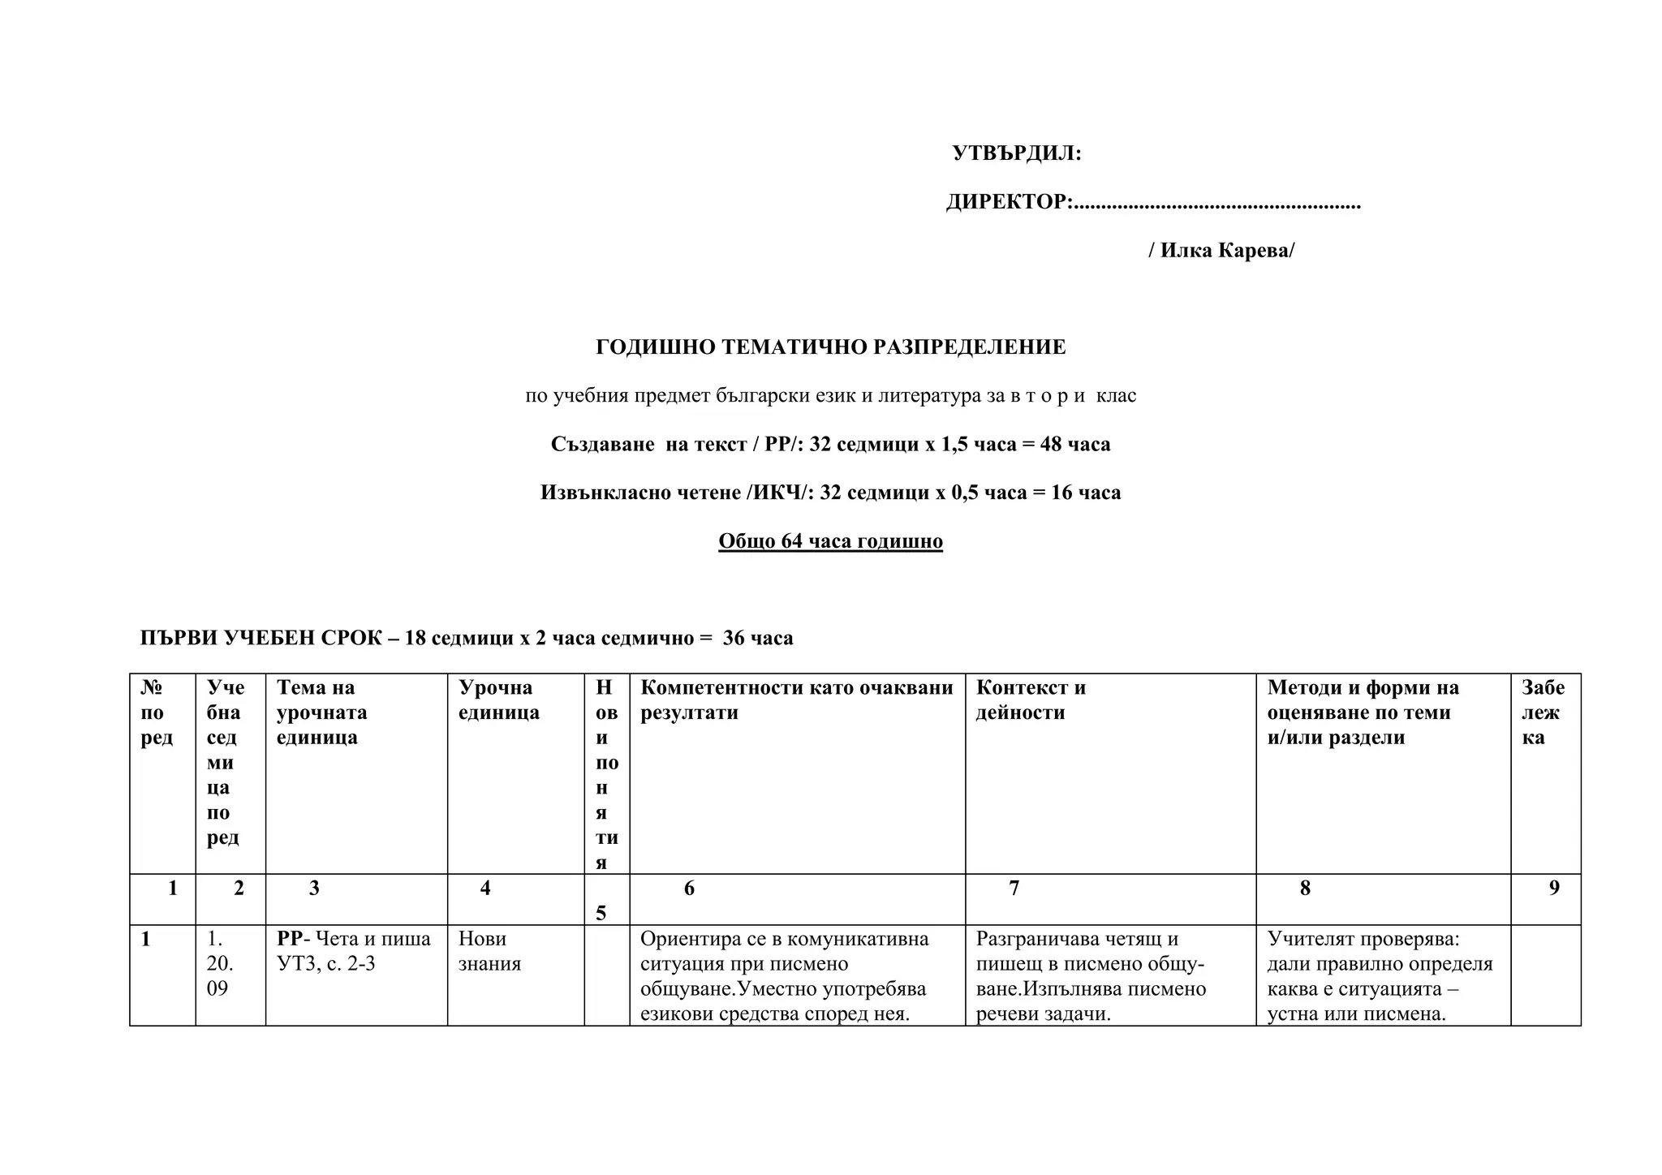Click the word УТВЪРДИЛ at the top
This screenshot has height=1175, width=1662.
coord(1016,153)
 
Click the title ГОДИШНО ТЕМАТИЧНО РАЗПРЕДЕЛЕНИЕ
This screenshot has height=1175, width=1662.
coord(830,347)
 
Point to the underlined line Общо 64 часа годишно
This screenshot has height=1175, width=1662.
coord(830,541)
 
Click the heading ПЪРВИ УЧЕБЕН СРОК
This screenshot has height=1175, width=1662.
coord(260,638)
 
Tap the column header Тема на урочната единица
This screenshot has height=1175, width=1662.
coord(321,712)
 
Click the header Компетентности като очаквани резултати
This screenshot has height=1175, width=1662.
coord(796,699)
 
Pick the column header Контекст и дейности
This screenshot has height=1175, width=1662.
coord(1030,699)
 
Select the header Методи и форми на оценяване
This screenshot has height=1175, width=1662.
coord(1363,712)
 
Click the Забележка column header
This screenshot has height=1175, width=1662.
coord(1543,712)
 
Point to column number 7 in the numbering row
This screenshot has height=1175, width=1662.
coord(1014,889)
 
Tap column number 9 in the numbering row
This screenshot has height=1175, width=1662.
coord(1554,889)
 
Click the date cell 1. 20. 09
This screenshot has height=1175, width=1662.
coord(220,963)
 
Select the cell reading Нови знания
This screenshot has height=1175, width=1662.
coord(489,951)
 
